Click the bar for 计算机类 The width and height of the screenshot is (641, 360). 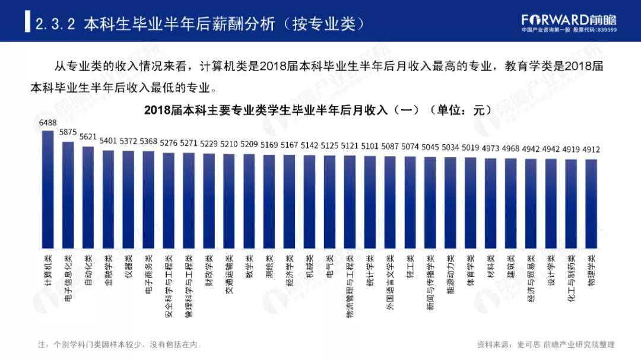pyautogui.click(x=48, y=190)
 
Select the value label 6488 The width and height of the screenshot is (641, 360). pyautogui.click(x=48, y=123)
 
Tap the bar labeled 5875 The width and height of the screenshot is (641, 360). pyautogui.click(x=68, y=196)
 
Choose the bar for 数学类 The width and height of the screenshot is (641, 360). pyautogui.click(x=249, y=202)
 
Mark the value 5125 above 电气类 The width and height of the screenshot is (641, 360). pyautogui.click(x=329, y=144)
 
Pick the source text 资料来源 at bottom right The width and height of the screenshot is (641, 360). pyautogui.click(x=545, y=344)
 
